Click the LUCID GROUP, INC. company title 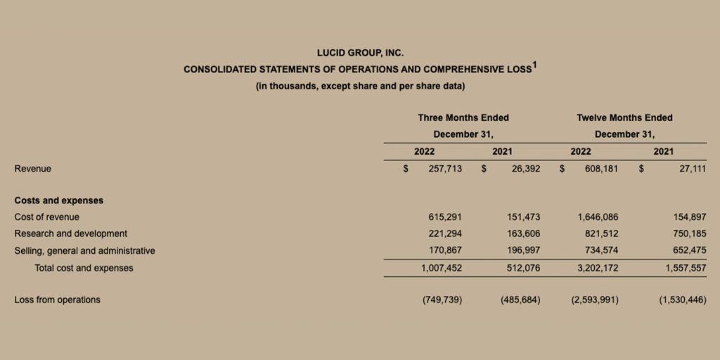[360, 53]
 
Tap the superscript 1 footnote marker [534, 65]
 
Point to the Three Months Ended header [463, 117]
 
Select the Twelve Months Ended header [624, 117]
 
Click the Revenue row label [32, 169]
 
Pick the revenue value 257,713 [445, 169]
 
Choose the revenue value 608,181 [601, 169]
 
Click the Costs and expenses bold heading [58, 200]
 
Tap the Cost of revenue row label [46, 217]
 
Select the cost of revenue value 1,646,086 [598, 217]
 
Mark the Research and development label [70, 233]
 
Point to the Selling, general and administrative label [84, 250]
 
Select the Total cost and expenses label [84, 268]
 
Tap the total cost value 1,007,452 [442, 268]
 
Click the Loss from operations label [57, 300]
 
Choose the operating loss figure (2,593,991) [595, 300]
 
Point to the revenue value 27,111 [692, 169]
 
